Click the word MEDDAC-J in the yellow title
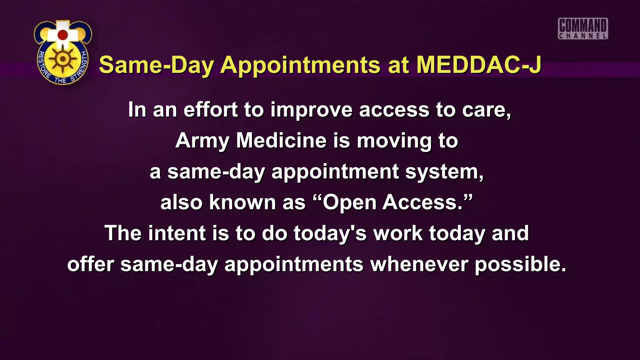tap(479, 65)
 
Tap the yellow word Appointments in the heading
tap(300, 66)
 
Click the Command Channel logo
tap(583, 29)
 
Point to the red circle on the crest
tap(63, 35)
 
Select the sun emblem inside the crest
tap(63, 59)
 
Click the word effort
tap(211, 110)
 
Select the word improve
tap(311, 110)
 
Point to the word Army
tap(202, 141)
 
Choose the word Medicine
tap(281, 141)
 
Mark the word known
tap(242, 202)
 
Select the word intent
tap(177, 233)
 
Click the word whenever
tap(419, 264)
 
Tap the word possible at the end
tap(520, 264)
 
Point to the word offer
tap(91, 264)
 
